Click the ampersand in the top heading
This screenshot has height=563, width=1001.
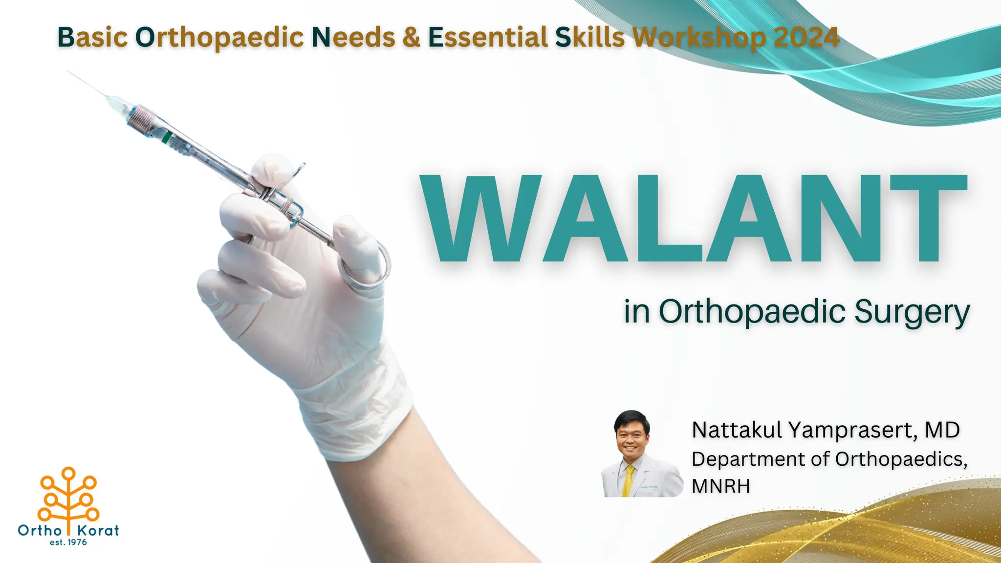click(412, 37)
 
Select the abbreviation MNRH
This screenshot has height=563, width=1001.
click(720, 486)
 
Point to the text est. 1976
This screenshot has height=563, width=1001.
click(68, 542)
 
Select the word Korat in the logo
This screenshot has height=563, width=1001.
click(98, 531)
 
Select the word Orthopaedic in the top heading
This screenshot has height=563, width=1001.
click(219, 37)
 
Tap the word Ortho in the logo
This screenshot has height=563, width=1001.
click(40, 531)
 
